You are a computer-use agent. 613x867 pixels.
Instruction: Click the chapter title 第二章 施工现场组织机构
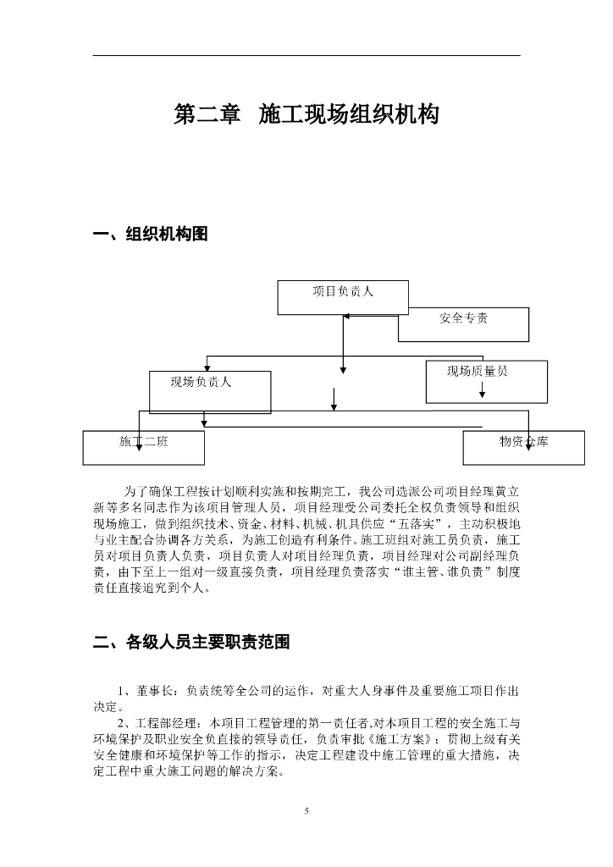(306, 115)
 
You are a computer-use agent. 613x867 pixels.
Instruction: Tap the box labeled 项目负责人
(343, 297)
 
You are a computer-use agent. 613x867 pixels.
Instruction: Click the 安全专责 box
(463, 324)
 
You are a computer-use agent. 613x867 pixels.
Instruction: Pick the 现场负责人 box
(210, 391)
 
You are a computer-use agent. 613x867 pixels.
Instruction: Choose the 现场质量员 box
(486, 381)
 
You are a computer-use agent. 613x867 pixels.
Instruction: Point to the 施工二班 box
(144, 447)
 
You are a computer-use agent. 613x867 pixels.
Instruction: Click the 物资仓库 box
(523, 447)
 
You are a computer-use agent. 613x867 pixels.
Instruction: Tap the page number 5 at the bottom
(306, 812)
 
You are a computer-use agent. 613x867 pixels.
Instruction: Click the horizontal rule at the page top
(306, 56)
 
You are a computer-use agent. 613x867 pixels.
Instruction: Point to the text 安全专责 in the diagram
(463, 319)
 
